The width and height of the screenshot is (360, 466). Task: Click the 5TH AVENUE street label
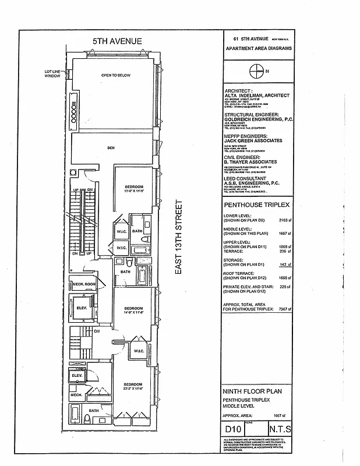coord(118,40)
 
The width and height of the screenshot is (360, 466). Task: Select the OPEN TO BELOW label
coord(116,76)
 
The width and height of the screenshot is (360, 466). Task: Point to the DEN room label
coord(111,148)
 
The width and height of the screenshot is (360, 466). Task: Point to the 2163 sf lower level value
coord(284,221)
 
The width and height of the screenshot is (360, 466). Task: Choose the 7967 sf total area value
coord(284,309)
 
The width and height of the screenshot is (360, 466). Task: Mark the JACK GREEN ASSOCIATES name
coord(253,140)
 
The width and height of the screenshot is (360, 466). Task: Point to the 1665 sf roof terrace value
coord(284,278)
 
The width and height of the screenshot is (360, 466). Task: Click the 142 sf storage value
coord(284,264)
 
